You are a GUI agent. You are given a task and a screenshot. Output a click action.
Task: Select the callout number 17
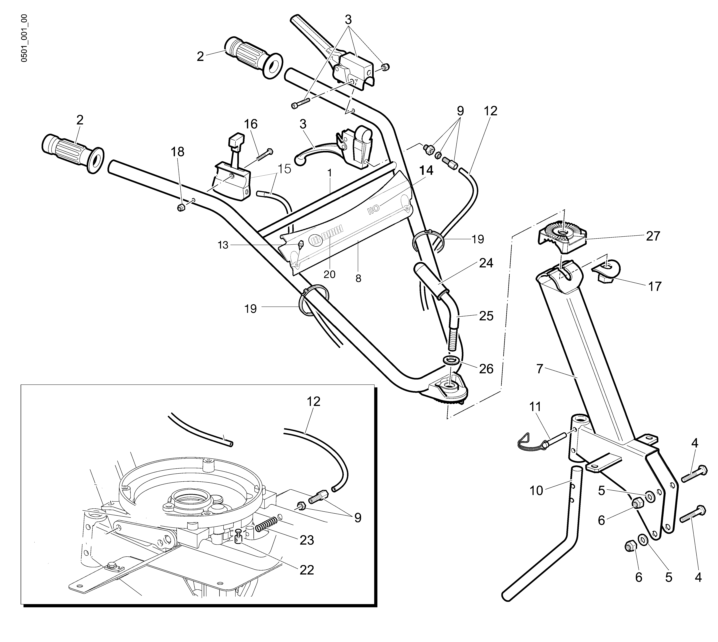coord(655,286)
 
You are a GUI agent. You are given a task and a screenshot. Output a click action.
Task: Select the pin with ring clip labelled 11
coord(542,441)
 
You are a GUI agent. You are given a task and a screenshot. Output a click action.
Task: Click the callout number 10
coord(536,491)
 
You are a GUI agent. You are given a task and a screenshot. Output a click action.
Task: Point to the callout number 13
coord(223,245)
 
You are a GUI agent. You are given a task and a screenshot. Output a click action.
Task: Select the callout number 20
coord(329,274)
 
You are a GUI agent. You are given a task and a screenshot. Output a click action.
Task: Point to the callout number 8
coord(358,279)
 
